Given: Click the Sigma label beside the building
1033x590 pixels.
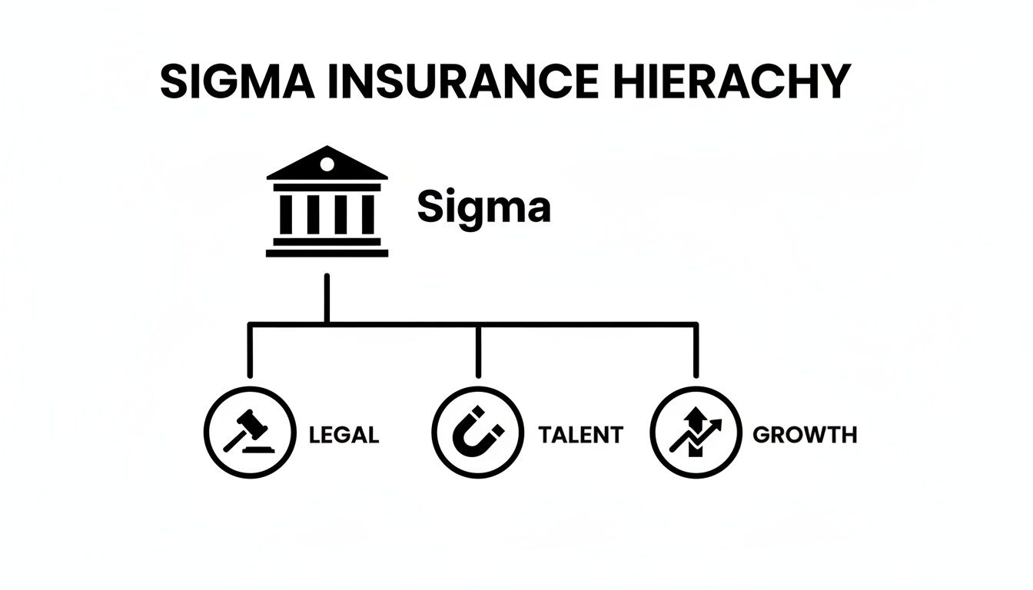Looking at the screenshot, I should point(483,207).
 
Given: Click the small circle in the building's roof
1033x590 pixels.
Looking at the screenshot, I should point(327,164).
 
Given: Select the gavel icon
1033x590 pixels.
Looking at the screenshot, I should point(249,433).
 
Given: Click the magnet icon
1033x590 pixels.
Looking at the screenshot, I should point(477,433).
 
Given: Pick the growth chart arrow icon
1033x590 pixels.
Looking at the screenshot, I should point(696,433).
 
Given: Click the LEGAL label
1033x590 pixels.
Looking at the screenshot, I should point(344,435).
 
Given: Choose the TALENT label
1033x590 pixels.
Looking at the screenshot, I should point(580,435).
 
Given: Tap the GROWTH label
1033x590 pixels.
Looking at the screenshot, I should point(804,435).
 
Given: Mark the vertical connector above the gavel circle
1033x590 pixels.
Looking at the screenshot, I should point(249,352).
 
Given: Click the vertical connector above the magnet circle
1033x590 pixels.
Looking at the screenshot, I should point(477,352).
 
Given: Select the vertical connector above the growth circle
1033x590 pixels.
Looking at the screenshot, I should point(696,352).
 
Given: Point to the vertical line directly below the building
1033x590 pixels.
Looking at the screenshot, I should point(327,298).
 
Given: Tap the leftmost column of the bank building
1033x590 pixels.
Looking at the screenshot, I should point(286,214).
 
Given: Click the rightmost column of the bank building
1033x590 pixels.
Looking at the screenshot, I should point(367,214).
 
